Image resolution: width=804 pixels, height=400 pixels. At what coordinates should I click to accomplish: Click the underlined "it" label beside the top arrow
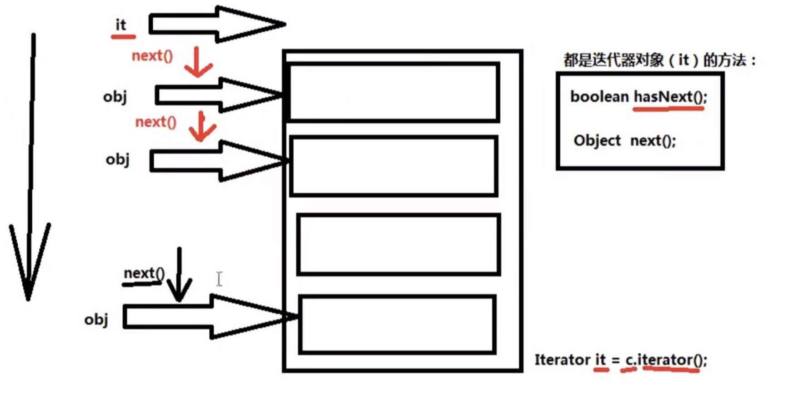(121, 25)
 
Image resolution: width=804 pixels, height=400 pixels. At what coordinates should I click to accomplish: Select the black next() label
(144, 273)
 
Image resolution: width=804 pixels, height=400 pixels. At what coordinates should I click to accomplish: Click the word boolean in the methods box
(599, 97)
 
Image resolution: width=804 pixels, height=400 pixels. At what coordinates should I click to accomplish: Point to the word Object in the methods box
(597, 140)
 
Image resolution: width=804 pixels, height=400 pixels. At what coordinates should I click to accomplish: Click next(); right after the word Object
(653, 140)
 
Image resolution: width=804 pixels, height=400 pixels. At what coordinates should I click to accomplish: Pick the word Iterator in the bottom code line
(562, 360)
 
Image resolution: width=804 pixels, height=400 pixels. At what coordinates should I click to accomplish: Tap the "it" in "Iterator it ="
(601, 360)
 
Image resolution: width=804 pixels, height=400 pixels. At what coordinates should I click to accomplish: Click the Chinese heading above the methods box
(659, 60)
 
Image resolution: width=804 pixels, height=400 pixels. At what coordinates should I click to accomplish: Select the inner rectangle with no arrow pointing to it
(398, 245)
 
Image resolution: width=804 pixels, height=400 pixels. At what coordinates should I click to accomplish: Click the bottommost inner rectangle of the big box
(397, 324)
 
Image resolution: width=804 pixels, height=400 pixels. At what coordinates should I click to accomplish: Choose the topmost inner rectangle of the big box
(394, 92)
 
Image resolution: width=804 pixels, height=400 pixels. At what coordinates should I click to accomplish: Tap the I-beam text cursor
(219, 279)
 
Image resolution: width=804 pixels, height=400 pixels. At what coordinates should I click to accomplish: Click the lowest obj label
(96, 320)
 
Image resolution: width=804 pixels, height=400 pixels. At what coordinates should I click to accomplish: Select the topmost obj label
(115, 97)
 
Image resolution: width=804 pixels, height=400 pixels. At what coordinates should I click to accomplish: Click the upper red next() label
(152, 56)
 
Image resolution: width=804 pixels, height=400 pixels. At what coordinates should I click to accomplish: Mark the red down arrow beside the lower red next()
(202, 127)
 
